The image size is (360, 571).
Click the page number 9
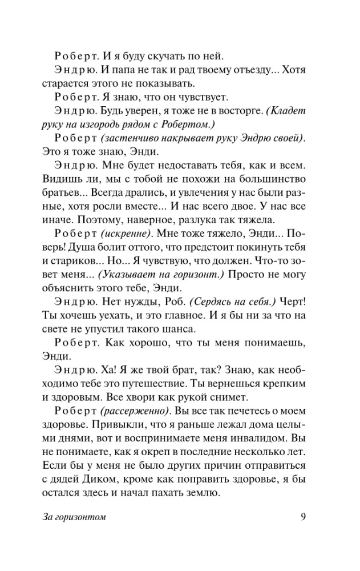[304, 518]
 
